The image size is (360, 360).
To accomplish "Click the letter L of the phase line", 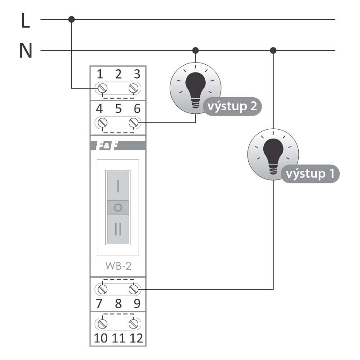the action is pos(25,20).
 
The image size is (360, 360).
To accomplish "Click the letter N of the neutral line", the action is pos(26,50).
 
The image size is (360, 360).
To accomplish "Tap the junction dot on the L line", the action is pos(72,19).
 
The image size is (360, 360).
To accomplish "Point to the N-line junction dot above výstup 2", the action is pos(195,50).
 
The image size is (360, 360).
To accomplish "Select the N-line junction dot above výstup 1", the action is pos(273,50).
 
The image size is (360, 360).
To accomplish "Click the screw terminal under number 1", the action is pos(103,88).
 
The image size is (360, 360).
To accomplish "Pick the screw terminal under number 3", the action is pos(133,88).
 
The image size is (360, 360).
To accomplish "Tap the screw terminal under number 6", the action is pos(133,122).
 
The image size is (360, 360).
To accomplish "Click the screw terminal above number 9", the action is pos(133,289).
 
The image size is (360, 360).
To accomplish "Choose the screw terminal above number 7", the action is pos(103,289).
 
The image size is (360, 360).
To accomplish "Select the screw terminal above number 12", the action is pos(133,324).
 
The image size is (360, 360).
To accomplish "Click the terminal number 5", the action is pos(118,108).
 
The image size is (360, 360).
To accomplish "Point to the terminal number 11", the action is pos(118,338).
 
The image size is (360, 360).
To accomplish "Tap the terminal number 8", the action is pos(118,303).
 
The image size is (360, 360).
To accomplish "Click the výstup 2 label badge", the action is pos(232,107).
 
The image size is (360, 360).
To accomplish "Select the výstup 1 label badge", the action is pos(310,174).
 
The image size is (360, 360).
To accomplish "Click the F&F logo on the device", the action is pos(107,146).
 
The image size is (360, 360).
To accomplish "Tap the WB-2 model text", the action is pos(118,266).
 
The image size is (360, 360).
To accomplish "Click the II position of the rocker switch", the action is pos(118,229).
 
